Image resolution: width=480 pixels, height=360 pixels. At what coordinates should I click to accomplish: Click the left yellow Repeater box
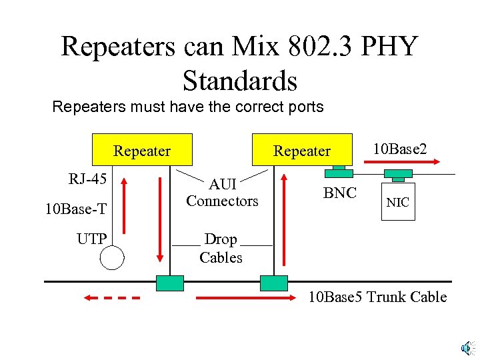coord(142,151)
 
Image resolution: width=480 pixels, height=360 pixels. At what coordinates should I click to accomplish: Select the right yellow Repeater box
coord(301,151)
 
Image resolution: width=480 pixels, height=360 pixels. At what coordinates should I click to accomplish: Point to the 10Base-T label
coord(75,209)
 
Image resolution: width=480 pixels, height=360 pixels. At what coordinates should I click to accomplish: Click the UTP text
coord(91,239)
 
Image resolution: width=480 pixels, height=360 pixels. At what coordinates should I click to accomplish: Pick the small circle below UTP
coord(112,257)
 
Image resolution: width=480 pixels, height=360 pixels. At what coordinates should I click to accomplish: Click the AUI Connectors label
coord(222,193)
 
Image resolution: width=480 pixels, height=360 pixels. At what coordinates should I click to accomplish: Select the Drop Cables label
coord(221,248)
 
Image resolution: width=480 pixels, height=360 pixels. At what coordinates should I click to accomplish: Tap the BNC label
coord(340,194)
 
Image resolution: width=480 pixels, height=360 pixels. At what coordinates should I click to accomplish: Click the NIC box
coord(398,202)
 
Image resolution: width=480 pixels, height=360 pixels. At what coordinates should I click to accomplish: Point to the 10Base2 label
coord(400,149)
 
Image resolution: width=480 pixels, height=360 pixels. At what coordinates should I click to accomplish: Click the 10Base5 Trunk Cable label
coord(377,297)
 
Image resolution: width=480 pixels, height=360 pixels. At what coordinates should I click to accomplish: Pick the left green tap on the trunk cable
coord(169,283)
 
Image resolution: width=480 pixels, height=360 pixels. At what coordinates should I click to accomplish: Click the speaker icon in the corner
coord(467,347)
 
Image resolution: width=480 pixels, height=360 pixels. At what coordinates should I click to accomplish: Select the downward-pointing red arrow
coord(160,219)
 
